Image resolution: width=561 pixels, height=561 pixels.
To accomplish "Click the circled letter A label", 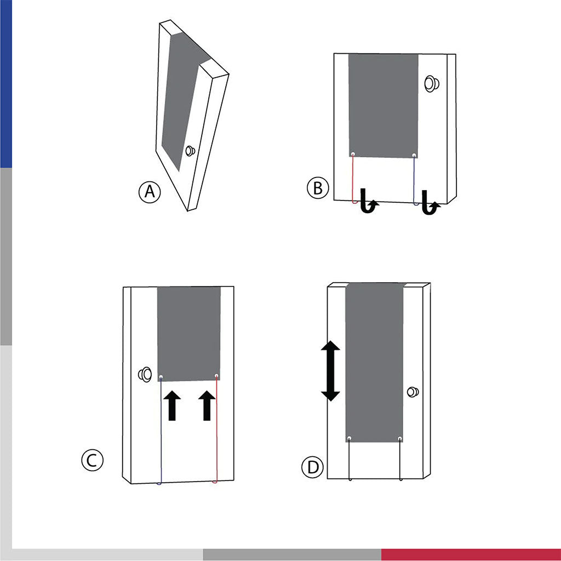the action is pos(150,192).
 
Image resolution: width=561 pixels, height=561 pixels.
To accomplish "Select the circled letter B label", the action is pos(318,188).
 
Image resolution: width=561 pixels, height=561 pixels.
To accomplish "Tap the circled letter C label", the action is pos(92,460).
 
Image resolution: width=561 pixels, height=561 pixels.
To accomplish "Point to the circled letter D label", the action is pos(313,467).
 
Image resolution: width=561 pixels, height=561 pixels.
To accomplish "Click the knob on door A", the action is pos(190,151).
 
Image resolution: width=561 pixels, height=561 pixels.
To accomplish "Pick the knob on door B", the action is pos(432,84).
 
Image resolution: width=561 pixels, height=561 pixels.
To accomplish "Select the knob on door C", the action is pos(145,374).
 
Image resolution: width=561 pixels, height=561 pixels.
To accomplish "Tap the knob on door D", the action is pos(413,392).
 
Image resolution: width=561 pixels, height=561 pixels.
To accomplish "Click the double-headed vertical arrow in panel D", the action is pos(330,371).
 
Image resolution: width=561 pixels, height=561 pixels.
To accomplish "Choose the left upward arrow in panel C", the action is pos(172,405).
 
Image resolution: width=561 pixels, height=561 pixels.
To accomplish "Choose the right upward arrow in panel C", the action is pos(207,405).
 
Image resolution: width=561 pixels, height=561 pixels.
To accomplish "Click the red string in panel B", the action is pos(353,179).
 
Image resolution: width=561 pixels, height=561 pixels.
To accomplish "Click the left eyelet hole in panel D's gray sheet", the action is pos(350,438).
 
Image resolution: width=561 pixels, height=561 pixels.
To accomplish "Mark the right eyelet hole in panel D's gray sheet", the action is pos(399,438).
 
